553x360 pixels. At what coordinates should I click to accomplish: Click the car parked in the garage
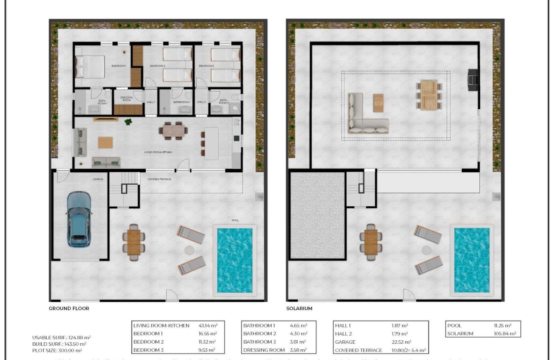(x=80, y=219)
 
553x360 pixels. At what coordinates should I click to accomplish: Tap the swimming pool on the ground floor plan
(x=234, y=260)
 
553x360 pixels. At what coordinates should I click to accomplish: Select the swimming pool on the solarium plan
(x=472, y=260)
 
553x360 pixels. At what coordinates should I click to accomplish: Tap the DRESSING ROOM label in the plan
(x=126, y=99)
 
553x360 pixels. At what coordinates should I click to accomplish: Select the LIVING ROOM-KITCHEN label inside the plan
(x=158, y=152)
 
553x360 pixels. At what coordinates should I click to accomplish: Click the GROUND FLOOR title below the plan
(x=69, y=308)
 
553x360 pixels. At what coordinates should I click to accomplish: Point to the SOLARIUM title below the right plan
(x=299, y=308)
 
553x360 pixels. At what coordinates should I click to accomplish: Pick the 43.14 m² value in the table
(x=207, y=326)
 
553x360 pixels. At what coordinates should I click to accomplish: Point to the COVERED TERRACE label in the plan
(x=159, y=179)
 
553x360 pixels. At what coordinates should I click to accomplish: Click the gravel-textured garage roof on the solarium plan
(x=317, y=214)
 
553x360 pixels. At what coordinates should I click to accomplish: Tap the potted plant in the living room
(x=128, y=122)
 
